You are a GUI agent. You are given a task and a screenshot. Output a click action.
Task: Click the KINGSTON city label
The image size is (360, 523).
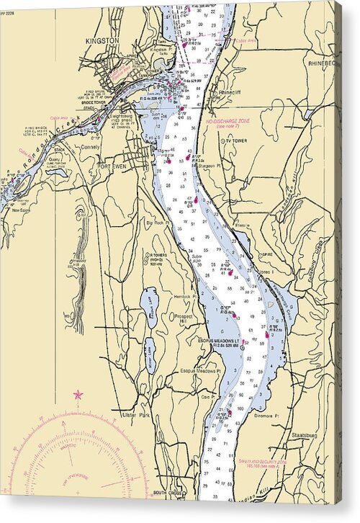101,41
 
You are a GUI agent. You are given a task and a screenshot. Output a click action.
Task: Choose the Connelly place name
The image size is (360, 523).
91,146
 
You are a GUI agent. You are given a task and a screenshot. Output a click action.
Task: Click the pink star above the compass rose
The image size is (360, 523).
78,395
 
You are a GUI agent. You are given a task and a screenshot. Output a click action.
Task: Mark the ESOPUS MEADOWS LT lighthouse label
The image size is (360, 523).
221,341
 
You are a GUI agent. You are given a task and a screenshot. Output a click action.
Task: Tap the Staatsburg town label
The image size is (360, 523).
306,436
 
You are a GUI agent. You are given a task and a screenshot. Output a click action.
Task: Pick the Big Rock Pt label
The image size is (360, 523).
158,224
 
